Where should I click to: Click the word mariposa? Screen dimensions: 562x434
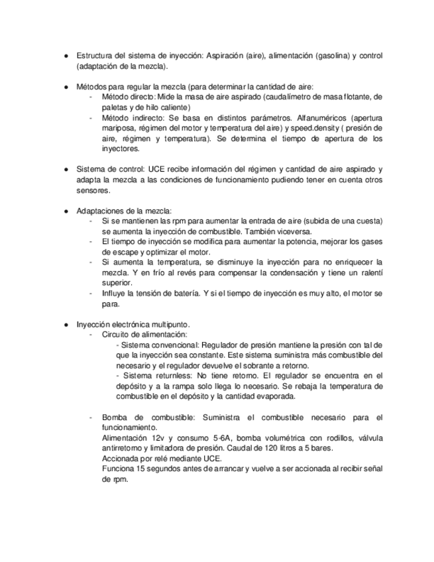(x=119, y=128)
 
